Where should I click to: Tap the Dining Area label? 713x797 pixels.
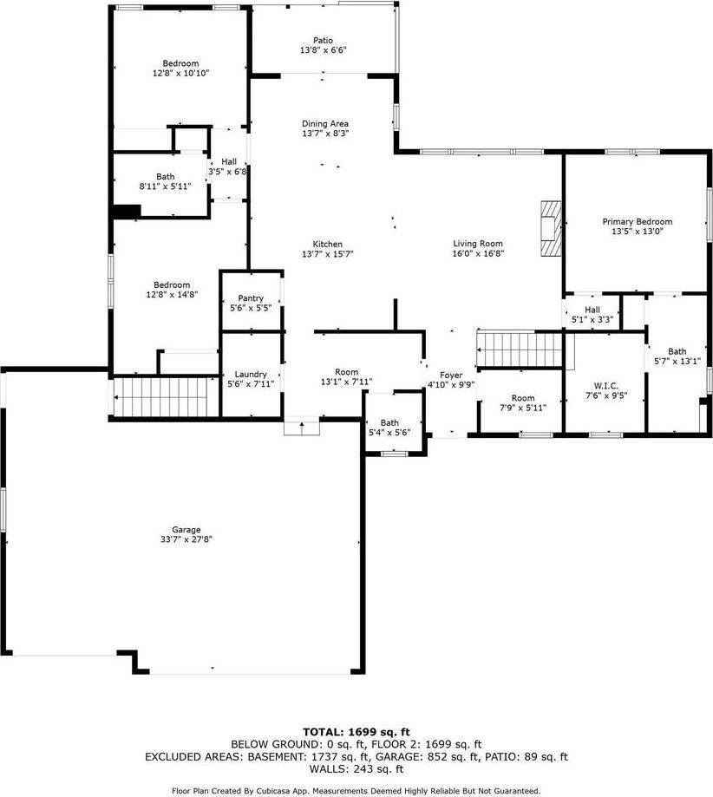click(325, 123)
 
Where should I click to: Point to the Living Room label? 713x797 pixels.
click(478, 244)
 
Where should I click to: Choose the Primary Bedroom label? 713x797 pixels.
click(637, 222)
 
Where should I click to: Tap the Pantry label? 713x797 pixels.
click(251, 298)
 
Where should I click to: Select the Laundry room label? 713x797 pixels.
click(251, 374)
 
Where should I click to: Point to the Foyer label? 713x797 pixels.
click(451, 375)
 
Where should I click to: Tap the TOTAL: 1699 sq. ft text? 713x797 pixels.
click(356, 732)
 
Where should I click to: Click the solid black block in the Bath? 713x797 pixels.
click(127, 212)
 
